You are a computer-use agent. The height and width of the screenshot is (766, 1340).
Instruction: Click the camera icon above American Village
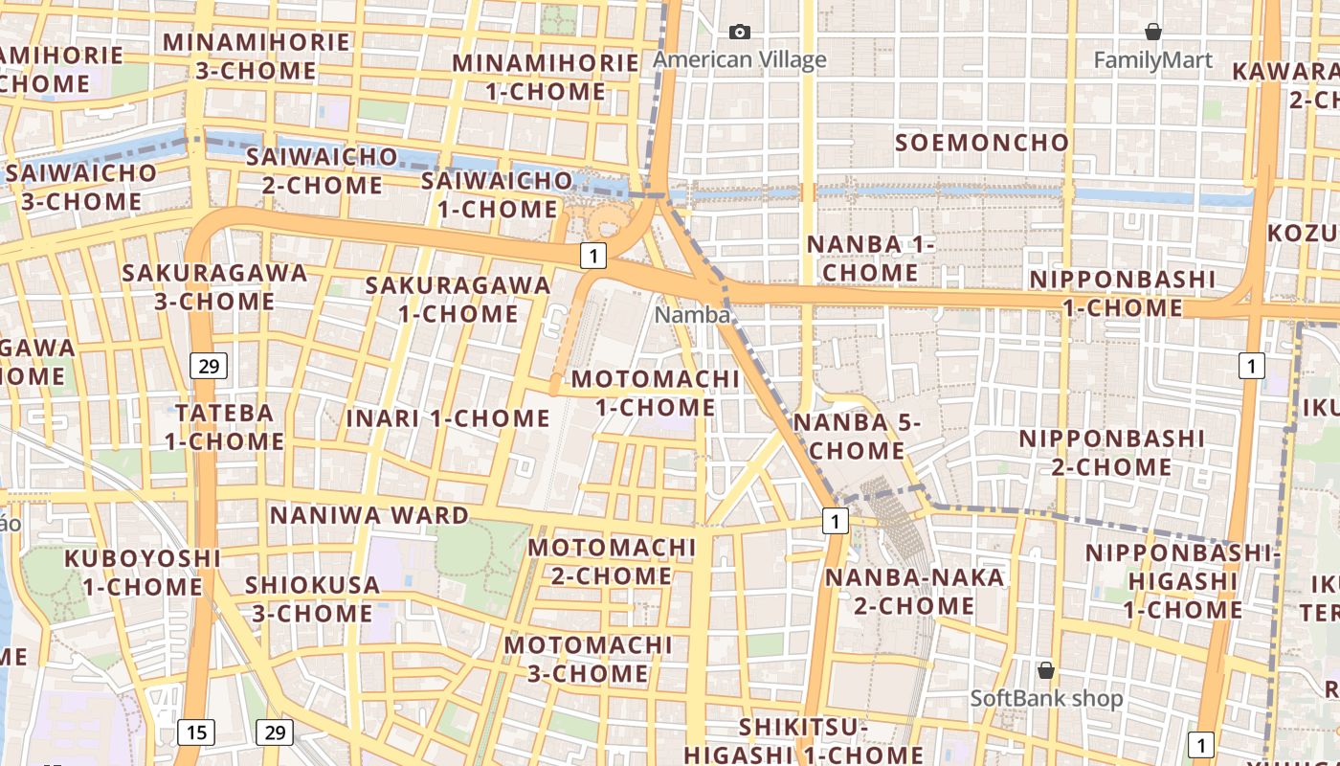click(x=739, y=33)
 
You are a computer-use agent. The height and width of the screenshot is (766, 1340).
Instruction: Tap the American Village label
click(x=739, y=60)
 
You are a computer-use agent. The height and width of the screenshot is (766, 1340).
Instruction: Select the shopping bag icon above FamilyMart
click(x=1153, y=33)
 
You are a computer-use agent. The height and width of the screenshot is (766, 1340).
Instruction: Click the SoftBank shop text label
click(x=1046, y=698)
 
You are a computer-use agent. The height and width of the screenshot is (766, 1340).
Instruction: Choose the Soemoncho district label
click(x=981, y=144)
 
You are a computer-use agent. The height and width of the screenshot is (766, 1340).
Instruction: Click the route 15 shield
click(x=195, y=732)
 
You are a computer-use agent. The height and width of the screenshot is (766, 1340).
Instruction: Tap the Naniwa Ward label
click(x=369, y=515)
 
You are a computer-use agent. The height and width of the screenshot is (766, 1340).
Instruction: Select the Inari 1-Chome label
click(x=447, y=418)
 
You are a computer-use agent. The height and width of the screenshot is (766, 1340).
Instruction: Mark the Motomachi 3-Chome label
click(x=588, y=659)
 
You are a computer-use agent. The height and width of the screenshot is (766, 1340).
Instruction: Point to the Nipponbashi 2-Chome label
click(x=1110, y=452)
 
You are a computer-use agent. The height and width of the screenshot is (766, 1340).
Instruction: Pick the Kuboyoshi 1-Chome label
click(x=142, y=572)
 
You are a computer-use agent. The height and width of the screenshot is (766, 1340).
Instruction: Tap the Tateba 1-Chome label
click(x=224, y=427)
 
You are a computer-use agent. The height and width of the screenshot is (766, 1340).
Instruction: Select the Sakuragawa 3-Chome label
click(x=214, y=287)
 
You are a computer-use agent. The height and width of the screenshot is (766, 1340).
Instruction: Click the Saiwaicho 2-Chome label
click(x=322, y=169)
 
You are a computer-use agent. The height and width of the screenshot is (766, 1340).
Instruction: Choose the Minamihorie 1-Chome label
click(x=546, y=78)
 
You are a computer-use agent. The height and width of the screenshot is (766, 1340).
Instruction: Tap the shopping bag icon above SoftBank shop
click(x=1046, y=670)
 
